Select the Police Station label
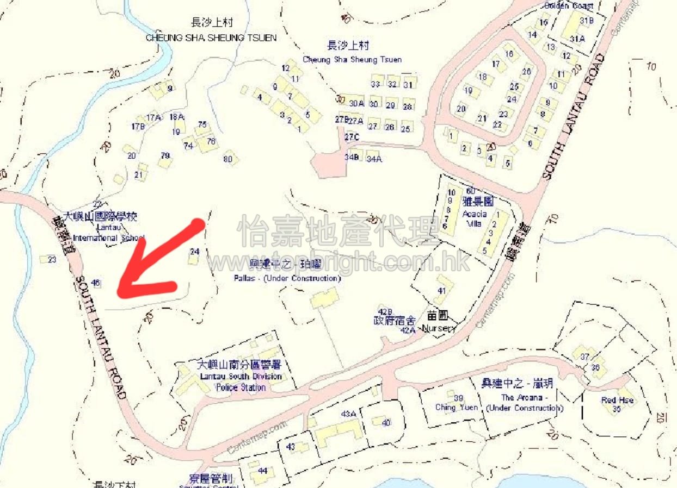[x=241, y=387]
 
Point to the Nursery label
[x=439, y=329]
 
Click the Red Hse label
[x=617, y=401]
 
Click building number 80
[x=228, y=159]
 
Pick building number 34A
[x=374, y=159]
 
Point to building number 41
[x=441, y=291]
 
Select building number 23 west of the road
[x=52, y=260]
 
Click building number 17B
[x=138, y=127]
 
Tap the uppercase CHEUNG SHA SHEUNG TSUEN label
[x=211, y=38]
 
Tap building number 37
[x=585, y=357]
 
